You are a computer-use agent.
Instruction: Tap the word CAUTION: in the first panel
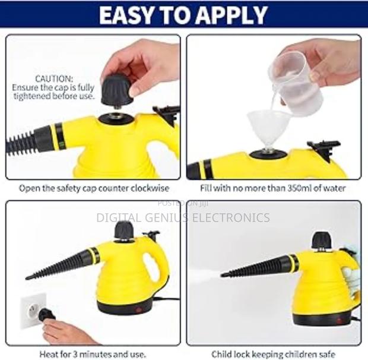pyautogui.click(x=54, y=79)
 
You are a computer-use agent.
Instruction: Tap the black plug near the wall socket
pyautogui.click(x=46, y=315)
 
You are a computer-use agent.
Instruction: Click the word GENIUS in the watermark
pyautogui.click(x=164, y=217)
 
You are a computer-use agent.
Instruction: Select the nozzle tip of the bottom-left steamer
pyautogui.click(x=28, y=277)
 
